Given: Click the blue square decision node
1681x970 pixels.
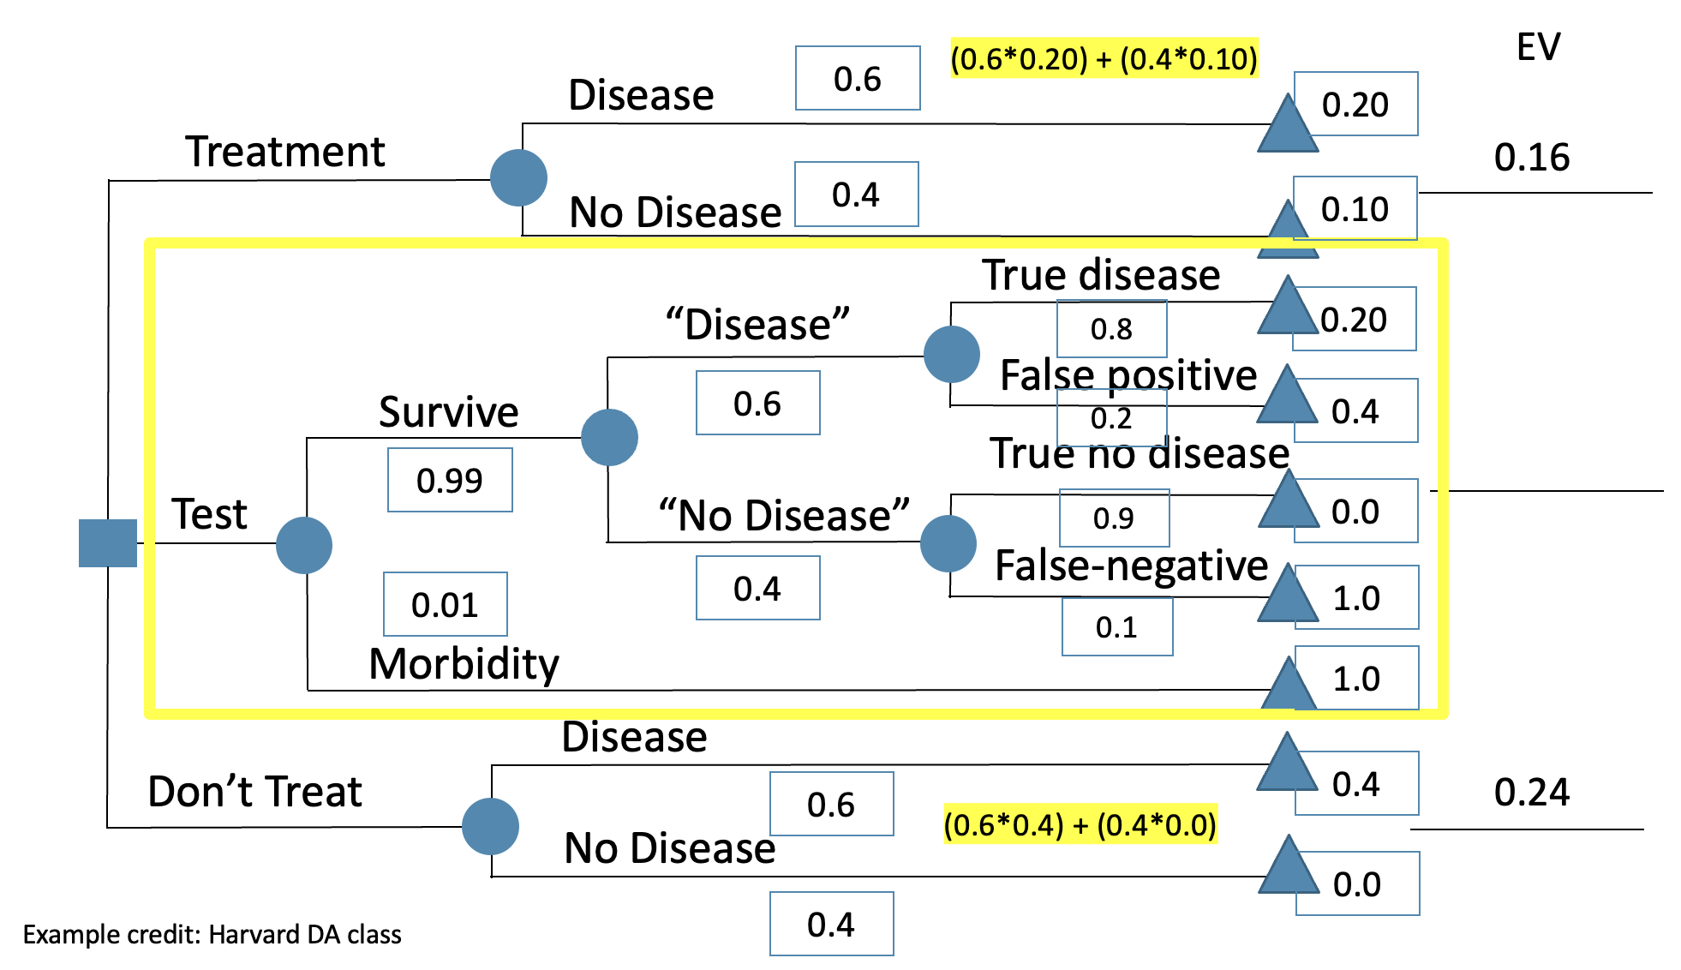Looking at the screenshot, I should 108,543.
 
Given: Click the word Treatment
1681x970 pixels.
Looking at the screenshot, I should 285,152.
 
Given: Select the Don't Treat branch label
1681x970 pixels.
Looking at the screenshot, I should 254,791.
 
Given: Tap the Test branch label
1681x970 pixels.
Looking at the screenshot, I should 209,514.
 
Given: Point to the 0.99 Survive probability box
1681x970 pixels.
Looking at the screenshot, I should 450,480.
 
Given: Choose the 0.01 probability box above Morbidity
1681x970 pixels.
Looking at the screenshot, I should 445,604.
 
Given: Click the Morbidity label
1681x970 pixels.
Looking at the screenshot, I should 464,664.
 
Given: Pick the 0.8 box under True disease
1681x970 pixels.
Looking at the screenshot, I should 1111,328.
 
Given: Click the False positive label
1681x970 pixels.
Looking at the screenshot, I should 1128,375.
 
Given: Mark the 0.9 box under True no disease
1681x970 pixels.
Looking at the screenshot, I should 1114,518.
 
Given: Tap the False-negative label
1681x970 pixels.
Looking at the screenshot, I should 1131,566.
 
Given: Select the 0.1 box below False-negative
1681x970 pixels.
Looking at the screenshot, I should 1116,627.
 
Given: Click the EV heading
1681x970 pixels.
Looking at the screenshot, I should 1538,47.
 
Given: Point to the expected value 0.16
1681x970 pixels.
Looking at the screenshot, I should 1531,158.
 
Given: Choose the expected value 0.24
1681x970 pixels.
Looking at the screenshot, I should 1531,792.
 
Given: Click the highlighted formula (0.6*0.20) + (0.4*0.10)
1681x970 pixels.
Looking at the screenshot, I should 1104,58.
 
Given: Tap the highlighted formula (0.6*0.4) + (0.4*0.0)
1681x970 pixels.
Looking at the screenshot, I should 1080,824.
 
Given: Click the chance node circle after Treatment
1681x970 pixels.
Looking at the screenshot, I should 518,178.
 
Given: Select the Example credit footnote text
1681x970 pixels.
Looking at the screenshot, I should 212,934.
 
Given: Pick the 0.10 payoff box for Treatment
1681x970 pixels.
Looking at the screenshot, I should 1355,209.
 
